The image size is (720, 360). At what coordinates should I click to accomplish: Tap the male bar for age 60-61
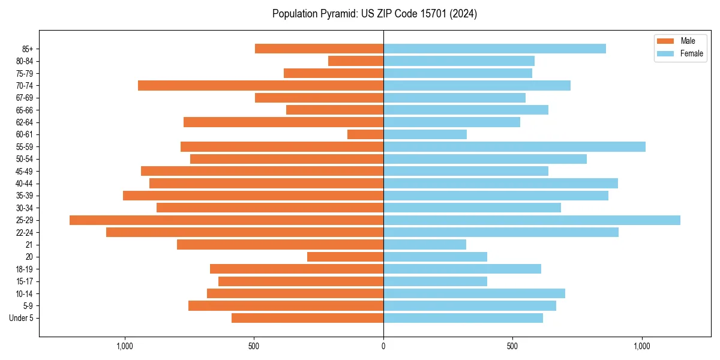pos(365,134)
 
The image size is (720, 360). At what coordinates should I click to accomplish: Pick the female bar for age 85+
pos(494,49)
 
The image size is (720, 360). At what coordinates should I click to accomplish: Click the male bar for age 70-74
pos(260,86)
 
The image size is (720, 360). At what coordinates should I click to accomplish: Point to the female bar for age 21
pos(425,245)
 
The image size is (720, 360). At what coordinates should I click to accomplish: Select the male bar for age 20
pos(345,257)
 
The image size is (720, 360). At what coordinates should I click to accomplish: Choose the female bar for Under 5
pos(463,318)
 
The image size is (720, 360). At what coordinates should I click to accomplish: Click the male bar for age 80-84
pos(356,61)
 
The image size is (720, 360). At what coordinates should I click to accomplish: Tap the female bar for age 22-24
pos(501,232)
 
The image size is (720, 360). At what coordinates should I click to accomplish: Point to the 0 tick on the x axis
pos(383,346)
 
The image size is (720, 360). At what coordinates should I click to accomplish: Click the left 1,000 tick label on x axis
pos(124,346)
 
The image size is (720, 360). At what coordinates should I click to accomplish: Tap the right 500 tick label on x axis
pos(512,346)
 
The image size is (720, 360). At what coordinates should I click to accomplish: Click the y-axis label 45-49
pos(25,172)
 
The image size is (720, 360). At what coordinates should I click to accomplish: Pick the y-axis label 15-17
pos(25,281)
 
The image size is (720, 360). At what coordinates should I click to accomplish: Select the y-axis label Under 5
pos(22,318)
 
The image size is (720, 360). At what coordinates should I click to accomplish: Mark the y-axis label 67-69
pos(25,98)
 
